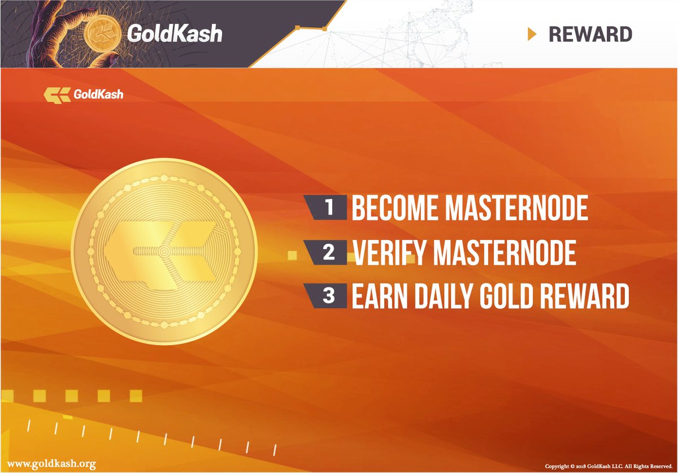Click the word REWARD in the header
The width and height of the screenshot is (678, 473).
(x=590, y=34)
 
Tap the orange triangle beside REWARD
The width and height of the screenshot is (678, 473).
(x=531, y=34)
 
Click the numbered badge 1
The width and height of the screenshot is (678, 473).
(x=328, y=208)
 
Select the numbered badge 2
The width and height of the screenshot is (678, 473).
(x=328, y=253)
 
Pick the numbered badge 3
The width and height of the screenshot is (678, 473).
(x=328, y=296)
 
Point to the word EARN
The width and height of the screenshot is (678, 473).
(x=376, y=296)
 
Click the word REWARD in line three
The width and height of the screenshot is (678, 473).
(x=585, y=296)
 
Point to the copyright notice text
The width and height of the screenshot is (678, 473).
(x=608, y=466)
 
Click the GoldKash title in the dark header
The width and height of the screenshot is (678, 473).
(x=174, y=34)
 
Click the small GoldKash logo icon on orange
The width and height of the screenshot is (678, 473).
(x=56, y=94)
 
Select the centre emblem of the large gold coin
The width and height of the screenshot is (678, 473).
(x=164, y=251)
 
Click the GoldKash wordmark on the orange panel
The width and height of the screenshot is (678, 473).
(x=98, y=94)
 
